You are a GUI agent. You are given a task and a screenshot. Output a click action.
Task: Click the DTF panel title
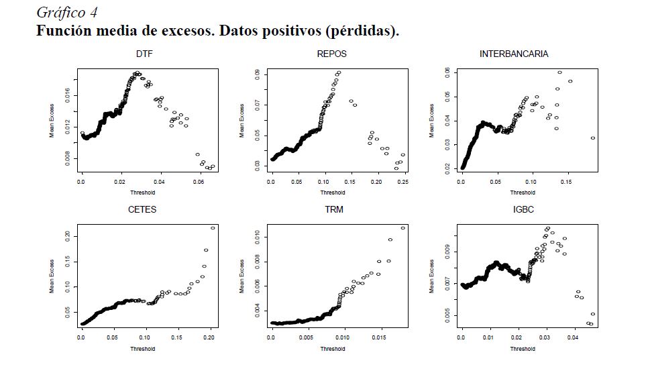click(x=144, y=54)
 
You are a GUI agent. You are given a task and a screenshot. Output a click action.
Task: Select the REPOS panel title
click(x=331, y=54)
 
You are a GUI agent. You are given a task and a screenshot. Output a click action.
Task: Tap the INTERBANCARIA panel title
click(x=514, y=54)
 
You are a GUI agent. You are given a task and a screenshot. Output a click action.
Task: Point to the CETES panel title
click(x=142, y=209)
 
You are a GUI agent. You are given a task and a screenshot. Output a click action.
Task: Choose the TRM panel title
click(x=334, y=209)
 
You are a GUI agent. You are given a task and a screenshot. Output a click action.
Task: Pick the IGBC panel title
click(x=523, y=209)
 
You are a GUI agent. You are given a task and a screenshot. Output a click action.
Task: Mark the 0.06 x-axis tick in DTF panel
click(x=199, y=182)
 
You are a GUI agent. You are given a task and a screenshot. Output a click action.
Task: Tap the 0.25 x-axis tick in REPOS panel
click(x=402, y=182)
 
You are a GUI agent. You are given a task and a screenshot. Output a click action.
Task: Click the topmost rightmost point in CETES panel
click(x=213, y=228)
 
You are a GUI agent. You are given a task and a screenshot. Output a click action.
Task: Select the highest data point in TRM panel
click(x=403, y=228)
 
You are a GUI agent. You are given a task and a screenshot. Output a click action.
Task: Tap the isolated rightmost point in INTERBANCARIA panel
click(x=593, y=138)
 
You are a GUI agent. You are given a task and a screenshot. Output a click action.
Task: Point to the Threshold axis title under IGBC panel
click(x=523, y=349)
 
